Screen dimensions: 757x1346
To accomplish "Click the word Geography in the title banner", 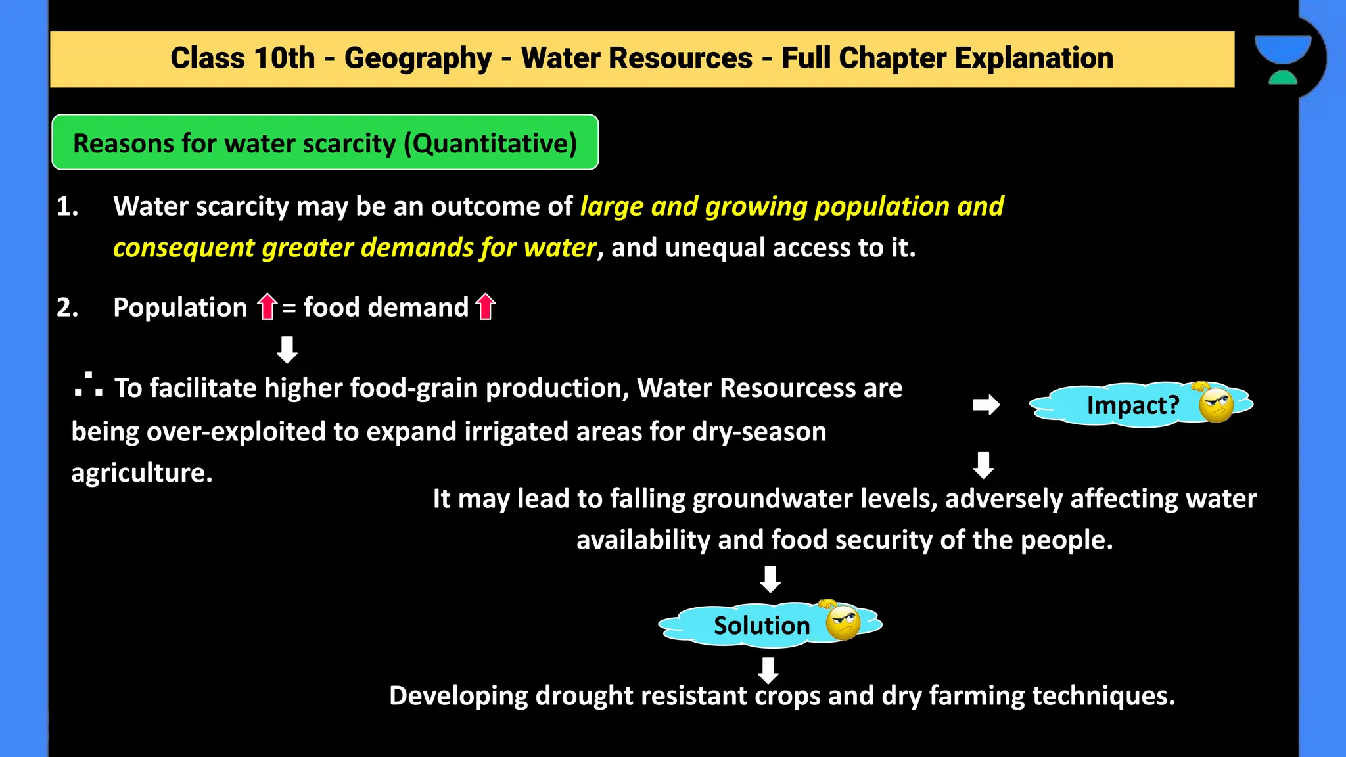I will pos(418,58).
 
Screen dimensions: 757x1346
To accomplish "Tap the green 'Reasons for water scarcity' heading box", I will pos(325,143).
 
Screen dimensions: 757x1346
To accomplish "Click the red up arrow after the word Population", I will pos(267,306).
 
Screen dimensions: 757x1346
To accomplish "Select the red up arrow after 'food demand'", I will pos(485,306).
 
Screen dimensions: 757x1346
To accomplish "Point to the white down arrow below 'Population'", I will pos(287,350).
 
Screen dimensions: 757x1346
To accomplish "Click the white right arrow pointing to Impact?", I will pos(986,405).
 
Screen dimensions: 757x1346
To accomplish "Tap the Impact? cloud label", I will pos(1132,405).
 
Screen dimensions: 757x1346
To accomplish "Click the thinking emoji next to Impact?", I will pos(1215,404).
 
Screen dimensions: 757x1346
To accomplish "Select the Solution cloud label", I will pos(761,626).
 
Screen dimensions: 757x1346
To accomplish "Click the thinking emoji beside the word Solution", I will pos(842,622).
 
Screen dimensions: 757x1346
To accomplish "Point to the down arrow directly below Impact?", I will pos(983,465).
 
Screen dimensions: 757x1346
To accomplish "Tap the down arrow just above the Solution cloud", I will pos(770,579).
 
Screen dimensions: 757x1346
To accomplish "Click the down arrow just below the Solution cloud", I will pos(768,670).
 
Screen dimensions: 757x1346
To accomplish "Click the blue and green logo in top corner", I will pos(1283,59).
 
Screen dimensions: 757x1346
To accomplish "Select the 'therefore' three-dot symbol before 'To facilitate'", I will pos(88,386).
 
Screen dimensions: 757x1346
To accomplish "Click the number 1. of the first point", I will pos(67,206).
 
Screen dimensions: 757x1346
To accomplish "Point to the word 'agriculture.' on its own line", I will pos(142,473).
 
